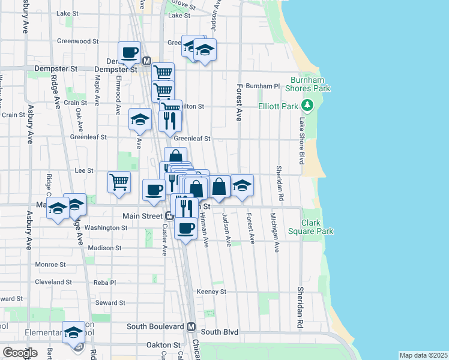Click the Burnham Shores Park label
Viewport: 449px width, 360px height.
310,84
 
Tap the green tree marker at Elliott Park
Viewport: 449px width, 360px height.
308,106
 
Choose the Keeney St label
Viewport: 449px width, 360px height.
212,292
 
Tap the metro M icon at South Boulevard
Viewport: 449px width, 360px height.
191,327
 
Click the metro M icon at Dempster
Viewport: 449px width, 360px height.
146,61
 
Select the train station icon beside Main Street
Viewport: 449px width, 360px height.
170,216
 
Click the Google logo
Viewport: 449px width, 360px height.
20,352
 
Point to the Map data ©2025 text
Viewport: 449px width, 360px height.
423,355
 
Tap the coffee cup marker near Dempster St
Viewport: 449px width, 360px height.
129,52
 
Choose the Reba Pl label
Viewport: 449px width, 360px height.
104,282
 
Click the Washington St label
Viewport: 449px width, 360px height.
106,228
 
